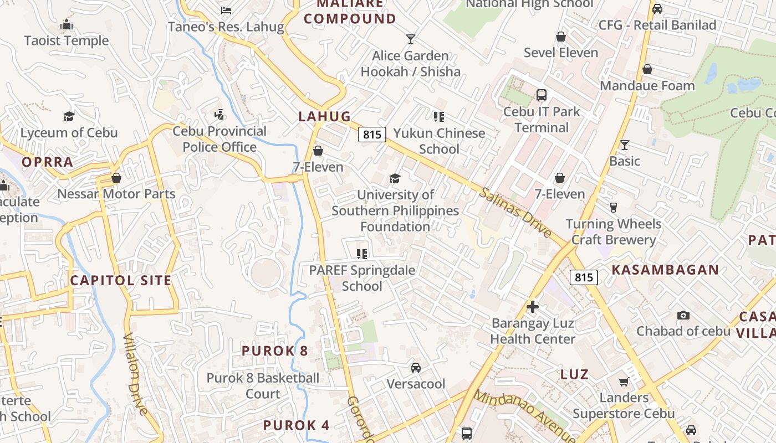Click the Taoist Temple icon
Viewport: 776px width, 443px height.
tap(67, 25)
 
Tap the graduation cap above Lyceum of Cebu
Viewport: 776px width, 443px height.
tap(69, 116)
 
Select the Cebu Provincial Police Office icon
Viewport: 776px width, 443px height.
tap(219, 115)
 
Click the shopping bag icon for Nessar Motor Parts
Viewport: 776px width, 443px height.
tap(116, 178)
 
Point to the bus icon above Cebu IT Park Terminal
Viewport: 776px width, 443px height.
tap(542, 95)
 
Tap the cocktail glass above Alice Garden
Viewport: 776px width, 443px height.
tap(410, 39)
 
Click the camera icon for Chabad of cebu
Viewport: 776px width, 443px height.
tap(683, 315)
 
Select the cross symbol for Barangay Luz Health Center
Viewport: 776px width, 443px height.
tap(533, 306)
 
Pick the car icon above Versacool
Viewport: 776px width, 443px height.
tap(415, 367)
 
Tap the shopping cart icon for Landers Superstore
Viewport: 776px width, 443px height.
tap(624, 382)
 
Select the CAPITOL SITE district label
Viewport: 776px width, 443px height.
tap(121, 280)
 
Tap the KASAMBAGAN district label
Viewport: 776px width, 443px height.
tap(665, 270)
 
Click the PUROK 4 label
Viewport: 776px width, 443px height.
tap(296, 425)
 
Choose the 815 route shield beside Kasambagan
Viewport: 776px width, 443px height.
tap(584, 277)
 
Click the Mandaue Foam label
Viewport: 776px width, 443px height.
tap(647, 86)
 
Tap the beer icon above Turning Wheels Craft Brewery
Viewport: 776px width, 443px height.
tap(614, 207)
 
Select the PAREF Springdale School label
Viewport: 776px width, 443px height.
tap(362, 278)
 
